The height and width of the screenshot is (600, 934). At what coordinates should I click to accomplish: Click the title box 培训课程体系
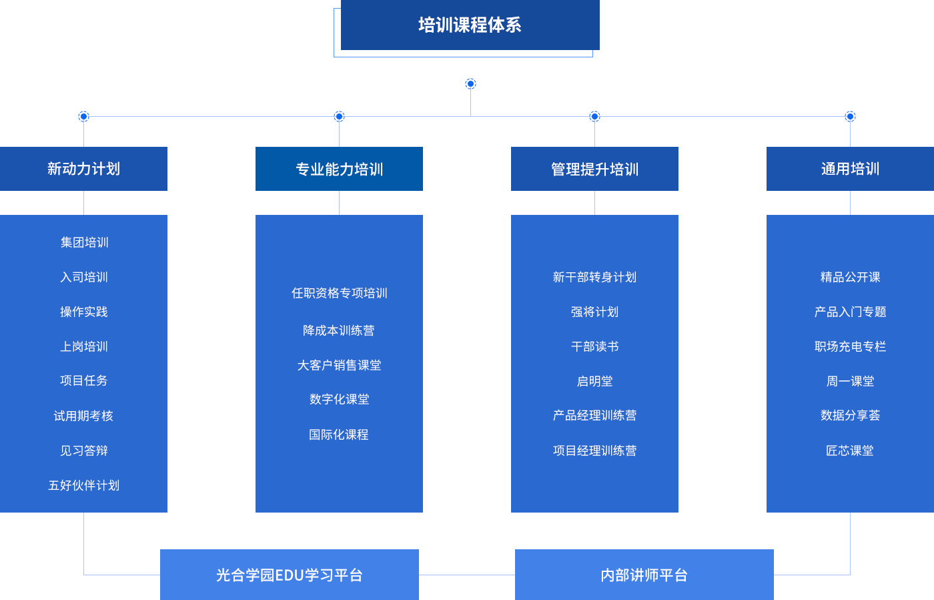pos(470,25)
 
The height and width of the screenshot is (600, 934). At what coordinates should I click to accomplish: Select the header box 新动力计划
pos(84,169)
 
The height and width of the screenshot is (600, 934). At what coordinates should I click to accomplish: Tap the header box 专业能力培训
pos(339,170)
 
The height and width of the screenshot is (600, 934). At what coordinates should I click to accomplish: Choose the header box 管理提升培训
pos(594,170)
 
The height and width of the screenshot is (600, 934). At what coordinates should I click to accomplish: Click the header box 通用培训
pos(850,169)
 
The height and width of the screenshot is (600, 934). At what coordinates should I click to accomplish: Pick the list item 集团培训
pos(84,242)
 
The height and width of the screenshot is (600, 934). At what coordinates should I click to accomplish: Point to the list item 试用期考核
pos(84,416)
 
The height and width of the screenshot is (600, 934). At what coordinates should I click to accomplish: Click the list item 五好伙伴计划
pos(84,485)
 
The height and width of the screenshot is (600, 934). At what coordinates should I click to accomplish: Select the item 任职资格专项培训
pos(339,293)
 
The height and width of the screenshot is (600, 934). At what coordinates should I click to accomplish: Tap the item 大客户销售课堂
pos(339,365)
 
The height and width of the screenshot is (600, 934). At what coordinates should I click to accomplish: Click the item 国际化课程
pos(339,434)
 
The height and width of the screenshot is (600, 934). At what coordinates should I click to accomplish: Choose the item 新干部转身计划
pos(594,277)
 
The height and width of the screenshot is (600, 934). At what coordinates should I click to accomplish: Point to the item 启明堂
pos(594,381)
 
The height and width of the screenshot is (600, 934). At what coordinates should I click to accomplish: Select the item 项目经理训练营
pos(594,451)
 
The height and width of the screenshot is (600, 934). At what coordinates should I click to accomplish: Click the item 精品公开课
pos(850,277)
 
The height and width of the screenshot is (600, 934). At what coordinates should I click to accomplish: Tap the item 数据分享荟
pos(850,415)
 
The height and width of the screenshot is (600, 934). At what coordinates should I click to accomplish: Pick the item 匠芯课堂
pos(850,451)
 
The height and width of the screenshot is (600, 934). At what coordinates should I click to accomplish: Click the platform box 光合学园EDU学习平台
pos(289,575)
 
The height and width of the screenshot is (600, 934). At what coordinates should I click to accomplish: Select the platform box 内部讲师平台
pos(644,575)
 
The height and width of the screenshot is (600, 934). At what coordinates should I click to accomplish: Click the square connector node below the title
pos(470,83)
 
